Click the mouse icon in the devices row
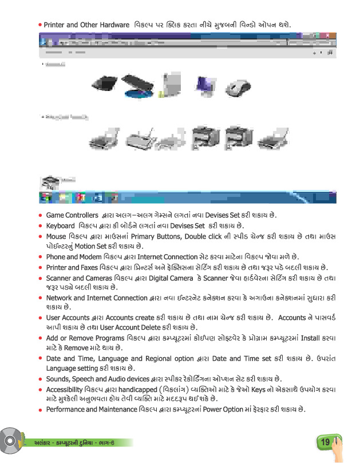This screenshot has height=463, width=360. pyautogui.click(x=236, y=87)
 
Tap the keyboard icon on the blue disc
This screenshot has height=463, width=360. pyautogui.click(x=137, y=86)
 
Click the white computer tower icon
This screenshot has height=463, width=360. pyautogui.click(x=170, y=84)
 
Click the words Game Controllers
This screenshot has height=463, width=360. pyautogui.click(x=70, y=215)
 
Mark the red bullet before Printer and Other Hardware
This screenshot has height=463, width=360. pyautogui.click(x=40, y=26)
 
